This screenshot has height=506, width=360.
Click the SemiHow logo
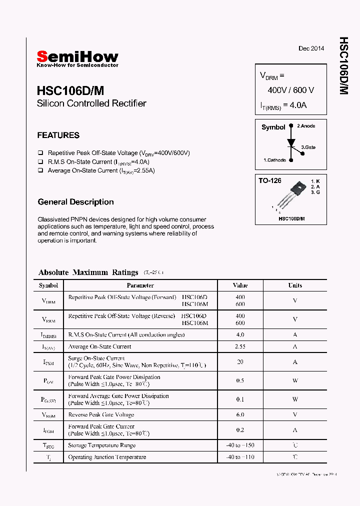click(x=77, y=58)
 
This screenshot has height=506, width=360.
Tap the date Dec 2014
click(x=311, y=48)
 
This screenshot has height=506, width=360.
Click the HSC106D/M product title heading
click(x=70, y=90)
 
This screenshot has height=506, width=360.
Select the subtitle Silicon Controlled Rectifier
click(x=91, y=103)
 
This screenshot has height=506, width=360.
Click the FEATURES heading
click(x=58, y=135)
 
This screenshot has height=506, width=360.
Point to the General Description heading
click(x=75, y=202)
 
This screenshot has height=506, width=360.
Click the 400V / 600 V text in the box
click(x=290, y=90)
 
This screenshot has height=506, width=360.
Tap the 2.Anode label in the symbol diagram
click(x=306, y=126)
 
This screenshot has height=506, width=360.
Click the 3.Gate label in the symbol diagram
click(x=308, y=147)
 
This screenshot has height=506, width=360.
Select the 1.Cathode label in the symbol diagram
click(x=274, y=160)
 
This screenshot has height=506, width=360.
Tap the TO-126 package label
click(x=270, y=180)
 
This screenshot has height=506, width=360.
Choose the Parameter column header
click(x=140, y=285)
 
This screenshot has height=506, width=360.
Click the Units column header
click(x=295, y=285)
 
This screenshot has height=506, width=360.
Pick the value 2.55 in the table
click(x=240, y=346)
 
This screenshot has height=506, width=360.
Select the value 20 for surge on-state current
click(x=240, y=362)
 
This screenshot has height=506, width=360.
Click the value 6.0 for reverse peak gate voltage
click(x=240, y=415)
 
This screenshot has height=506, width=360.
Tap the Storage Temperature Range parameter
click(x=102, y=445)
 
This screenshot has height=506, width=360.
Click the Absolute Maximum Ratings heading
click(x=88, y=272)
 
